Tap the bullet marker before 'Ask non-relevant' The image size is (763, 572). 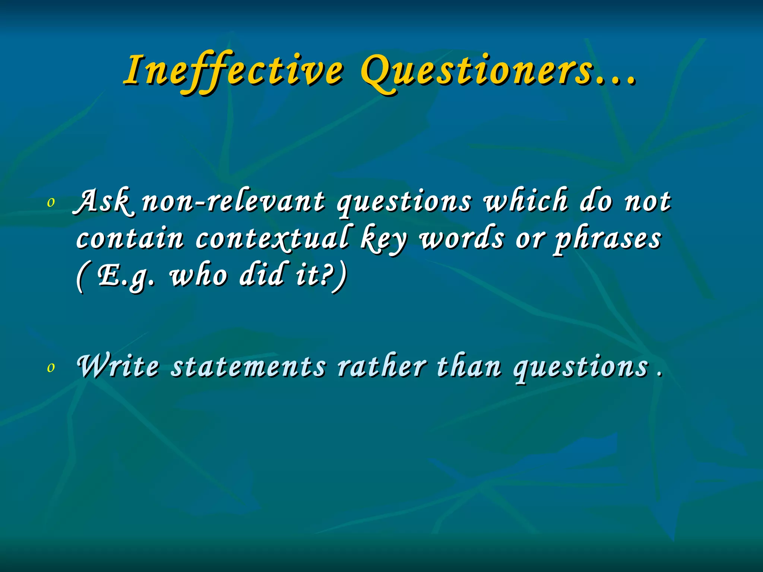[x=51, y=203]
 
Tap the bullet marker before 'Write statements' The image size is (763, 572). [x=51, y=367]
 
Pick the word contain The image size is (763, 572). [x=130, y=238]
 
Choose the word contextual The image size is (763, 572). [x=272, y=238]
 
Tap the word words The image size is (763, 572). [x=462, y=238]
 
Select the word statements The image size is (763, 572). [x=248, y=366]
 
